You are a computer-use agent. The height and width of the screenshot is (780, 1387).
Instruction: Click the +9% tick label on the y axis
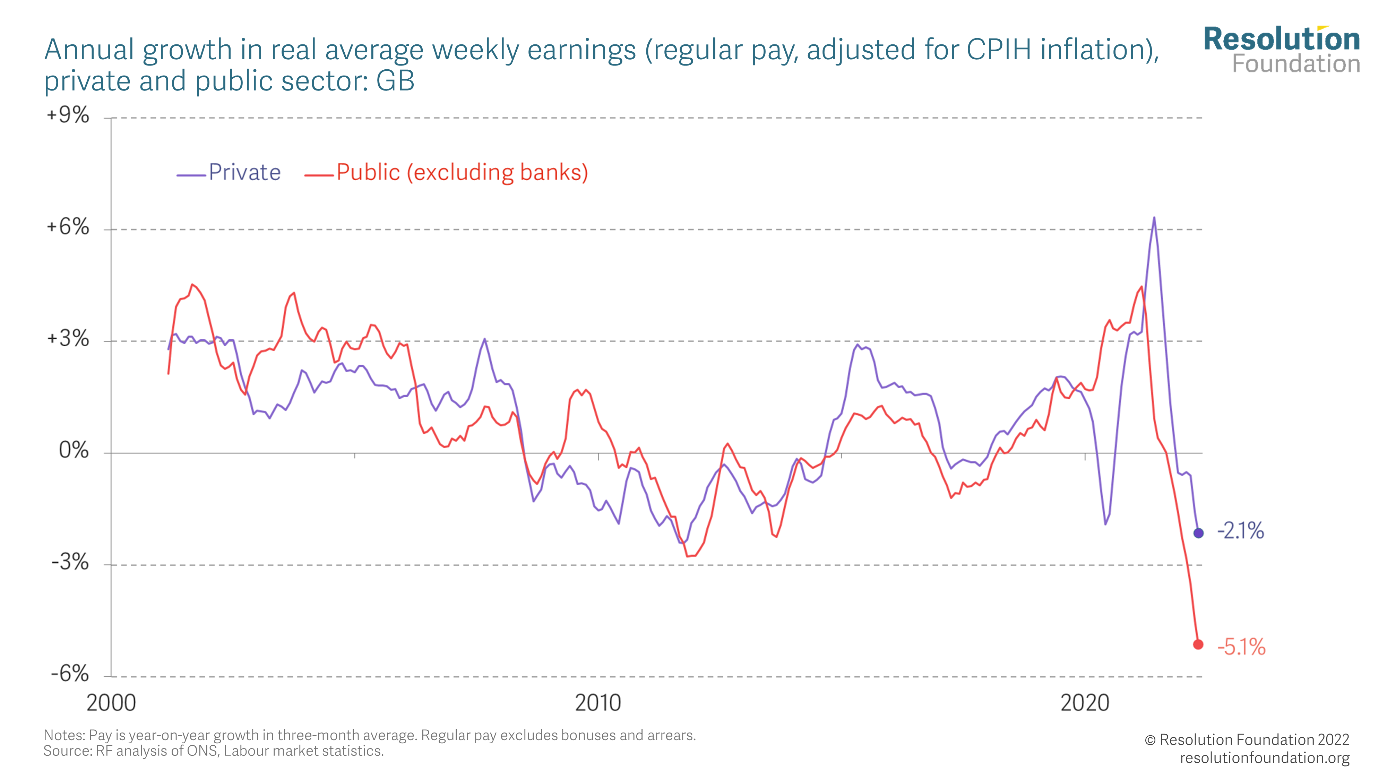[68, 115]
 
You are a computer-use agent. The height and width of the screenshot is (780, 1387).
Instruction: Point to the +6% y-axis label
[68, 227]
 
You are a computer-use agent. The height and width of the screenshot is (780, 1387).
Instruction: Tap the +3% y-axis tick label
[68, 339]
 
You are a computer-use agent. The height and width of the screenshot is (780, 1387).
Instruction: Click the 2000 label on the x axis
[111, 703]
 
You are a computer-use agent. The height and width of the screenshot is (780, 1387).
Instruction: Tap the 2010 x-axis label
[598, 703]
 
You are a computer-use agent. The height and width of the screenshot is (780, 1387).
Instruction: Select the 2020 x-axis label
[1084, 703]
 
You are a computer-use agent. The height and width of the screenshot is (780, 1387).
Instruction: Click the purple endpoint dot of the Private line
[1198, 533]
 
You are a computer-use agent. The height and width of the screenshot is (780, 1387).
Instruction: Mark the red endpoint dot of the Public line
[1198, 644]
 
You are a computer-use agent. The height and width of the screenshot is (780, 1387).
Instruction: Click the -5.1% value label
[1241, 647]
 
